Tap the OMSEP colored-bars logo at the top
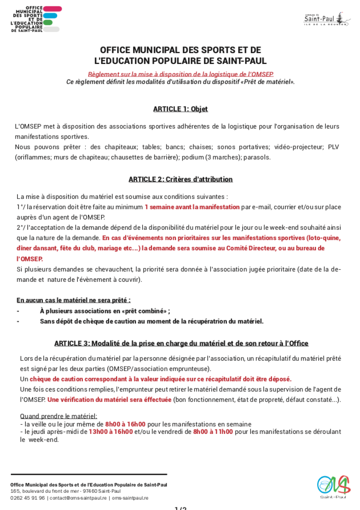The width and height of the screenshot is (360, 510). pos(36,19)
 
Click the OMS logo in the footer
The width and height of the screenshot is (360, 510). pos(333,487)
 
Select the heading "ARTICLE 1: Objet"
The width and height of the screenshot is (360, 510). pos(180,109)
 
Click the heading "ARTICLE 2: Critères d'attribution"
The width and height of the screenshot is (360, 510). pos(180,179)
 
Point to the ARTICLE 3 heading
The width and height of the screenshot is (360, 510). pos(181,343)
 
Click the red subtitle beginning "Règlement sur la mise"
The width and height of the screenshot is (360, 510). pos(180,74)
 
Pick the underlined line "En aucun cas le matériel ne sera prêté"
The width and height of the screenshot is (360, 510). pos(74,300)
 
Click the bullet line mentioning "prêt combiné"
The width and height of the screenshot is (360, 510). pos(105,310)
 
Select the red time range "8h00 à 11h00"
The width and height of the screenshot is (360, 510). pos(213,432)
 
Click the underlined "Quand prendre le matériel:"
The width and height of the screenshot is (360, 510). pos(58,416)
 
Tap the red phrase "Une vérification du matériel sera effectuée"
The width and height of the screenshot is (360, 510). pos(109,400)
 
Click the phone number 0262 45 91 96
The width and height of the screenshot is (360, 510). pos(27,497)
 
